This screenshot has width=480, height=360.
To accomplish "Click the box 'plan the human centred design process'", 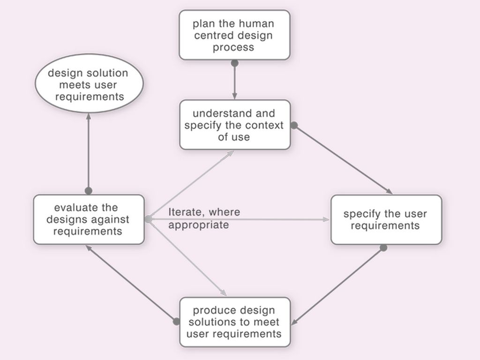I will (x=234, y=35).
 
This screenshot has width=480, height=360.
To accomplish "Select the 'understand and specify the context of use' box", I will (x=235, y=125).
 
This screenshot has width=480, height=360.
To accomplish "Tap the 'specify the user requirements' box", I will (x=386, y=219).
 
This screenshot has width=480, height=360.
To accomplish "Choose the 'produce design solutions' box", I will (x=235, y=322).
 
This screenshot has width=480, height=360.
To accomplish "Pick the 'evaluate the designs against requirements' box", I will (x=89, y=219).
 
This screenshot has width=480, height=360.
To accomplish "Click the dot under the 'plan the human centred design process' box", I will (x=235, y=63).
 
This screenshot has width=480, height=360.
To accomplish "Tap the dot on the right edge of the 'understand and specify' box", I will (x=294, y=125).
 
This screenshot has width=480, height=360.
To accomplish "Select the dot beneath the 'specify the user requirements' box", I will (x=383, y=247).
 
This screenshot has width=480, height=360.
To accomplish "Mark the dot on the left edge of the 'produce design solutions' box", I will (x=176, y=322).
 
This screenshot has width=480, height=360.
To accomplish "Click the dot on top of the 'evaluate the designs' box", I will (x=89, y=191).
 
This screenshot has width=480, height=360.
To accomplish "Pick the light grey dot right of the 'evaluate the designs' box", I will (x=148, y=219).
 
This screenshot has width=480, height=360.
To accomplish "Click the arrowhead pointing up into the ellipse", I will (x=89, y=116).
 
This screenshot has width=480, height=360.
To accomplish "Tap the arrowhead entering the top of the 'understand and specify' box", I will (x=235, y=97).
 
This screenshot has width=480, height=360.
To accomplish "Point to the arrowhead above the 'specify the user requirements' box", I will (x=389, y=191).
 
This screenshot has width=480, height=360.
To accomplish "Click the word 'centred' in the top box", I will (x=210, y=36).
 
